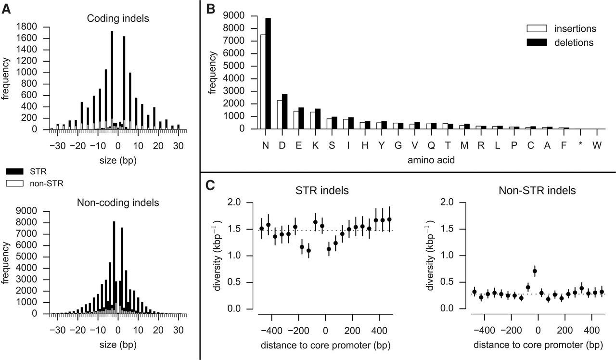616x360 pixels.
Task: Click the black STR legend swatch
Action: tap(15, 170)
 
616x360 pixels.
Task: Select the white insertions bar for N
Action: tap(263, 82)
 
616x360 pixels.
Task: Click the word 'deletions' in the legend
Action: tap(573, 42)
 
